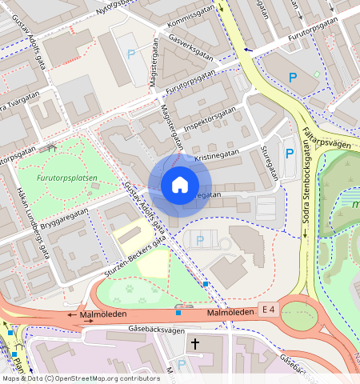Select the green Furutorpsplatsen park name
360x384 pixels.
pyautogui.click(x=66, y=178)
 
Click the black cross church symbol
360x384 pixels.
pyautogui.click(x=194, y=344)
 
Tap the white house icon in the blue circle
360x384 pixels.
pyautogui.click(x=180, y=186)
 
